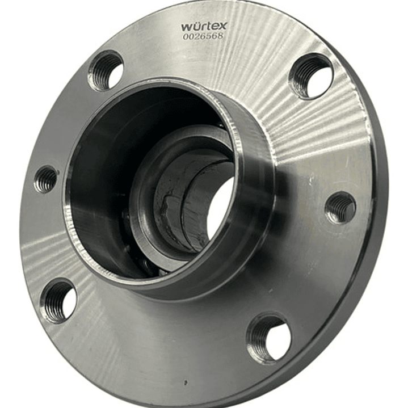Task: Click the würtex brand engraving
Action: [204, 26]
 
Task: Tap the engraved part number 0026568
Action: [203, 36]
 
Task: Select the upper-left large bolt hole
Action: [106, 70]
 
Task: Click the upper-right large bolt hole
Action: [311, 76]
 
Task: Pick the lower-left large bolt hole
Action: [59, 301]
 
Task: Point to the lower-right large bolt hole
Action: [268, 339]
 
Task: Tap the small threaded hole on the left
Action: [45, 179]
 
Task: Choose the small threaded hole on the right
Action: [340, 208]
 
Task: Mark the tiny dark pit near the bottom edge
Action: [185, 382]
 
